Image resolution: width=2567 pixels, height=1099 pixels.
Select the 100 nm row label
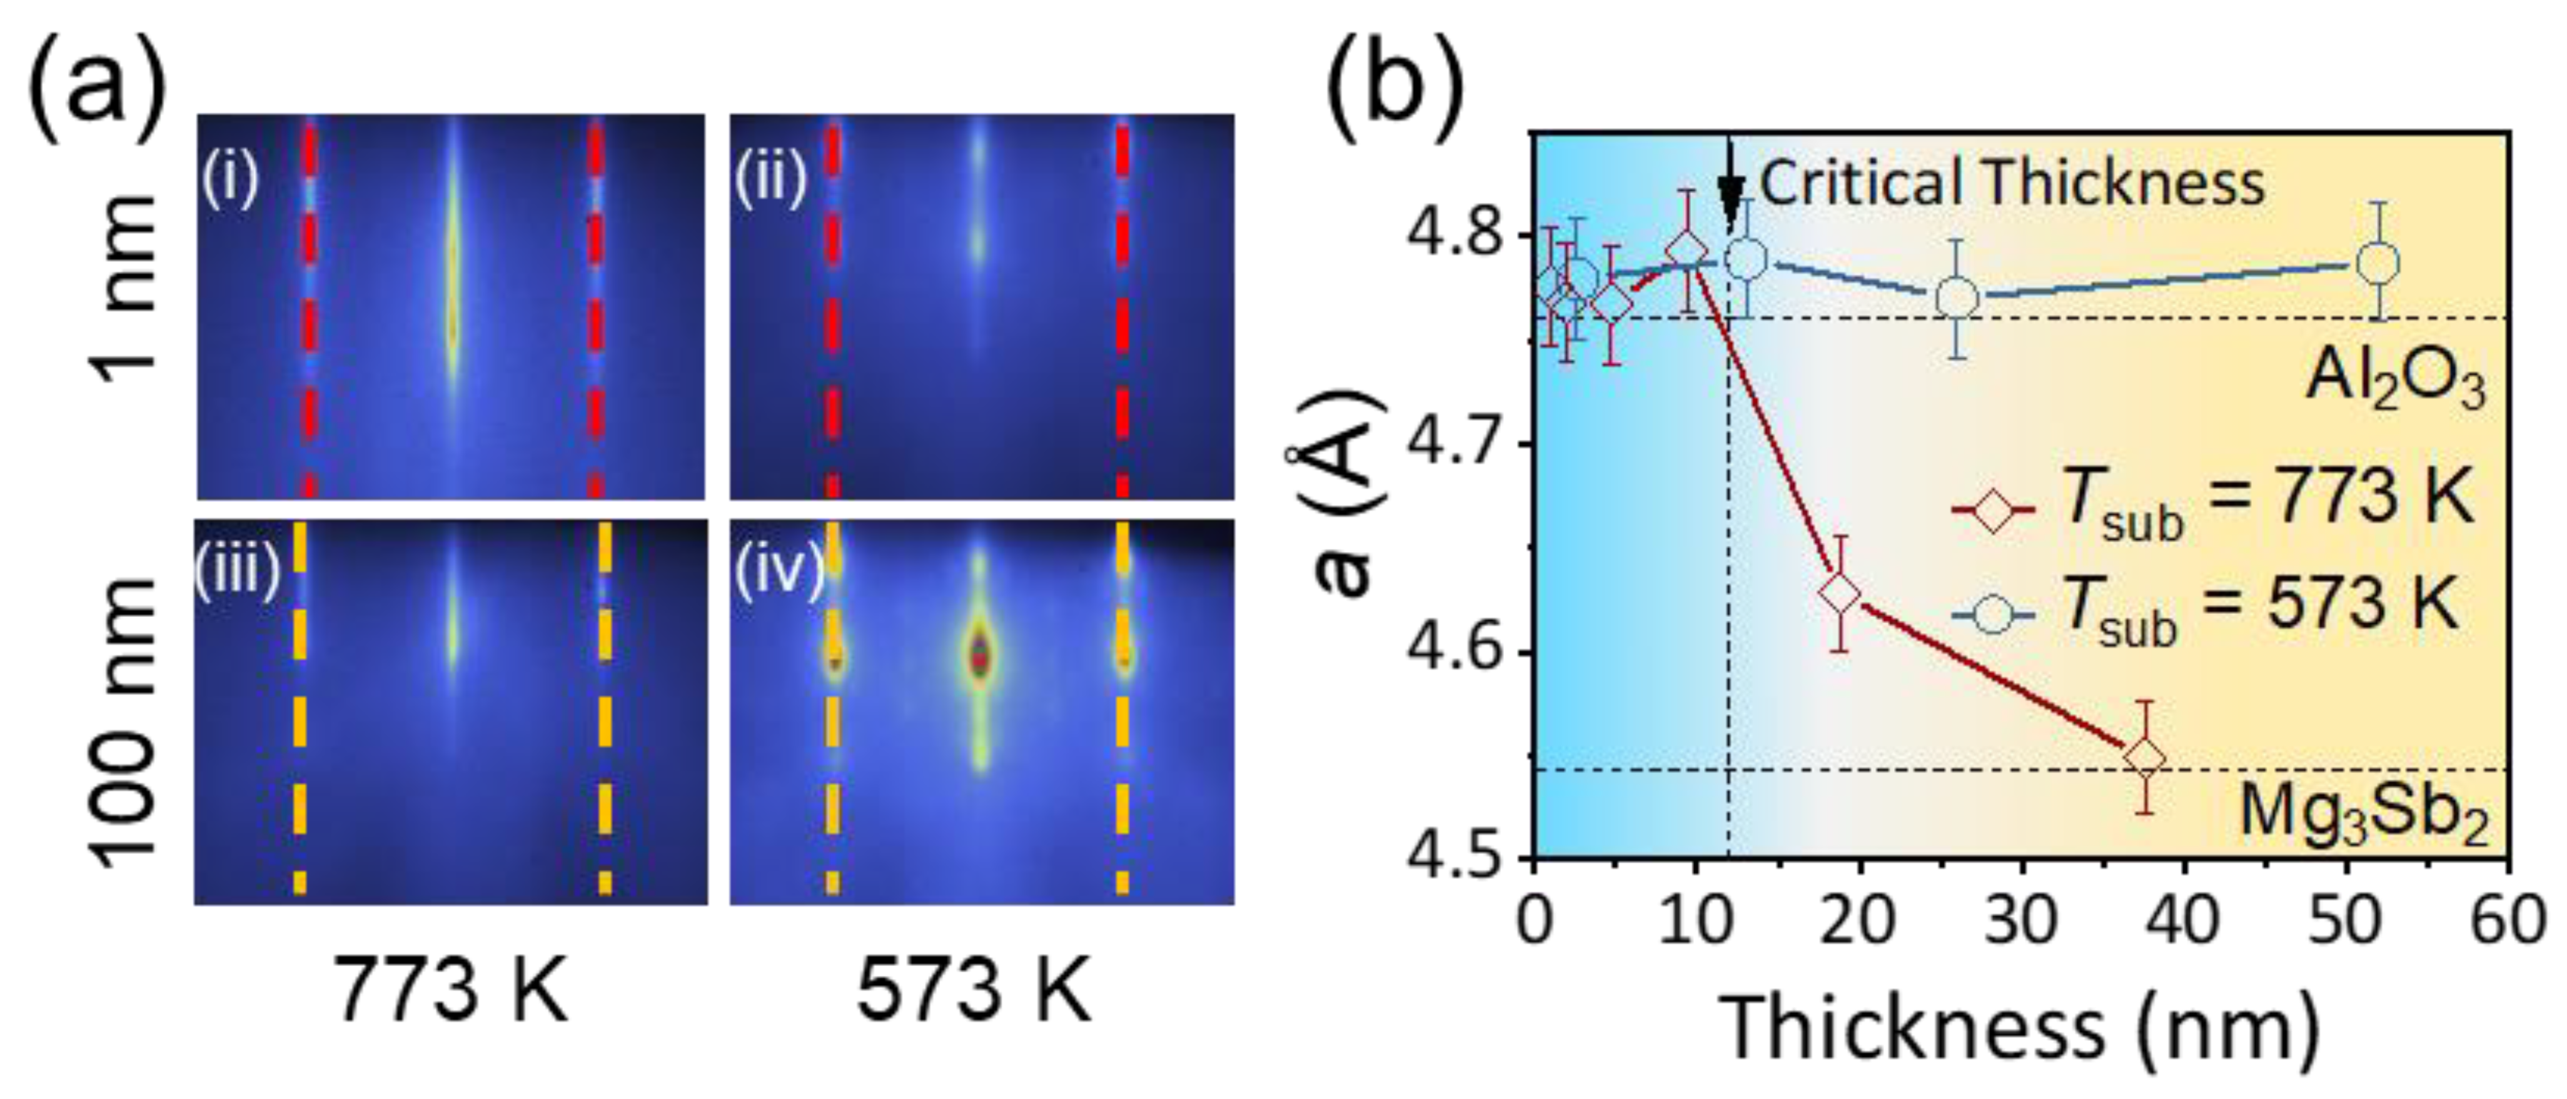coord(126,718)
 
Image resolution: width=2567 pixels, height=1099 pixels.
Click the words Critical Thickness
coord(2011,184)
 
